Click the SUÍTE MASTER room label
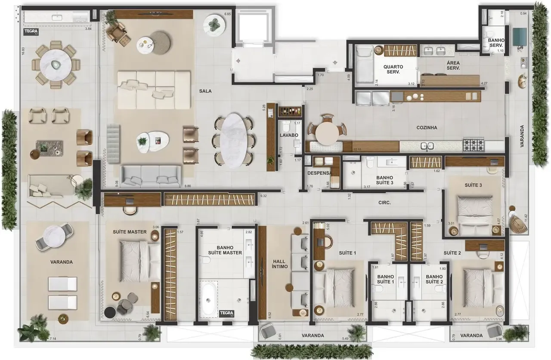130,232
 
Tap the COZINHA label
427,128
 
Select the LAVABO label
288,135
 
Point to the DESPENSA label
319,173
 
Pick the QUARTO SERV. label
393,70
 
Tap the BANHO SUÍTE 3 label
384,180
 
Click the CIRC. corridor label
384,202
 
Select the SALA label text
206,91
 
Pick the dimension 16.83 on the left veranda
23,50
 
